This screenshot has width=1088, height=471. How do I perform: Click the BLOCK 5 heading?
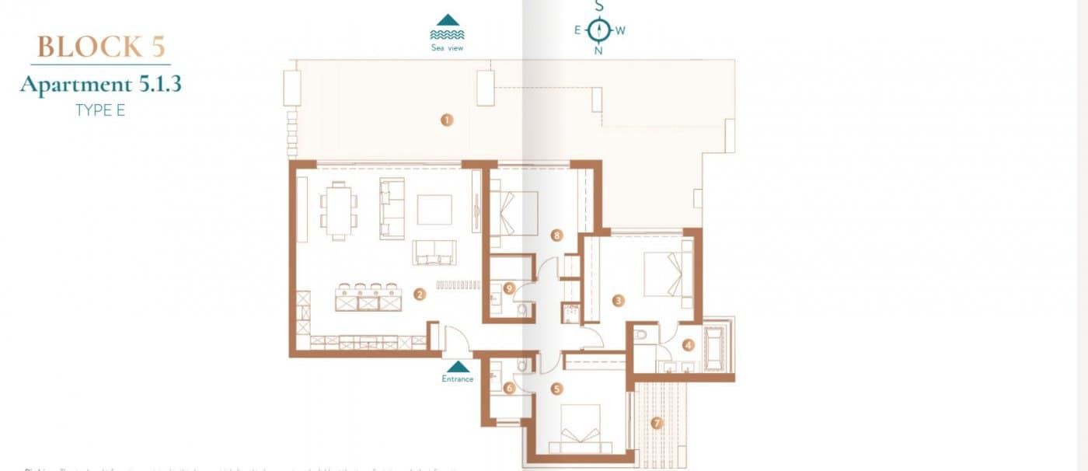[101, 47]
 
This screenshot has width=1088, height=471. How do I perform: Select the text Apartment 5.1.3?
[101, 84]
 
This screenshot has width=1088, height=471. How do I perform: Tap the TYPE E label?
[100, 110]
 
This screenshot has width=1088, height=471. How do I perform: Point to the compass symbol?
[598, 30]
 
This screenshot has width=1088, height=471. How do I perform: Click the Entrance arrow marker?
[459, 366]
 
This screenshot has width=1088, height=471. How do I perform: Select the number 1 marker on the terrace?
[446, 120]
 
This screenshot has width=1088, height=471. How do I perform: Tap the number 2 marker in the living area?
[420, 294]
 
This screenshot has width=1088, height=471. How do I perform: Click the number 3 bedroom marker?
[619, 300]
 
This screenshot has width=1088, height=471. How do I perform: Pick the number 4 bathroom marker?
[687, 346]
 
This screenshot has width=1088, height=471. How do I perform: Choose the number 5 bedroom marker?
[556, 389]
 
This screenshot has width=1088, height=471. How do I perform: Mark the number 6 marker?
[509, 388]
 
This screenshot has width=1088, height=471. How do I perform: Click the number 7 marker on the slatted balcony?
[657, 424]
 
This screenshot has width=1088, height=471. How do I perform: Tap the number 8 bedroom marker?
[556, 234]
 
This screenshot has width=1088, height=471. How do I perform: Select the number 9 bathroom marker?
[509, 288]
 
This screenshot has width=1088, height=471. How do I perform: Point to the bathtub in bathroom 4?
[713, 349]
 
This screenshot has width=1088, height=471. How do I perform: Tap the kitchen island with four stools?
[368, 298]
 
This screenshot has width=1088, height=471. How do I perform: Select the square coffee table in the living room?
[434, 209]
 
